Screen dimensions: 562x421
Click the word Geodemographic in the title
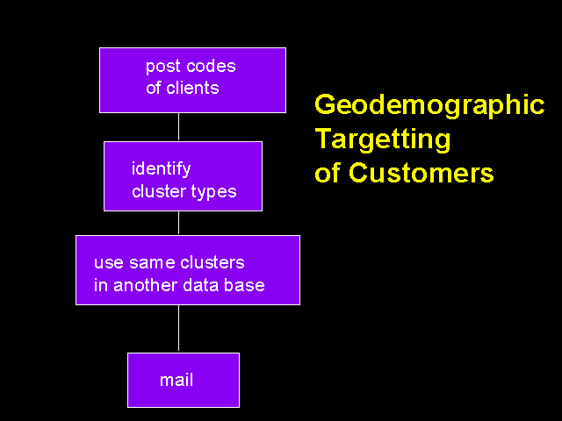point(429,106)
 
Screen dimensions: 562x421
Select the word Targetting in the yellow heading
point(383,140)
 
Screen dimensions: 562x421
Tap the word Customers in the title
point(421,173)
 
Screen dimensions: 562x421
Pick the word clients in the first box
point(192,88)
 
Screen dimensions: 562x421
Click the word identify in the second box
point(162,169)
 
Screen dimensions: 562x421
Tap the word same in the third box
point(152,263)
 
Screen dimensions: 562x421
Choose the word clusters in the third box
point(213,262)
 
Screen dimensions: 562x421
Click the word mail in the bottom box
point(177,380)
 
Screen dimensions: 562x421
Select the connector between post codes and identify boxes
point(178,127)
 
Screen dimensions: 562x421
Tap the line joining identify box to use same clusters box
point(178,223)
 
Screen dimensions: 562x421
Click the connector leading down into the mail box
point(178,329)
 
